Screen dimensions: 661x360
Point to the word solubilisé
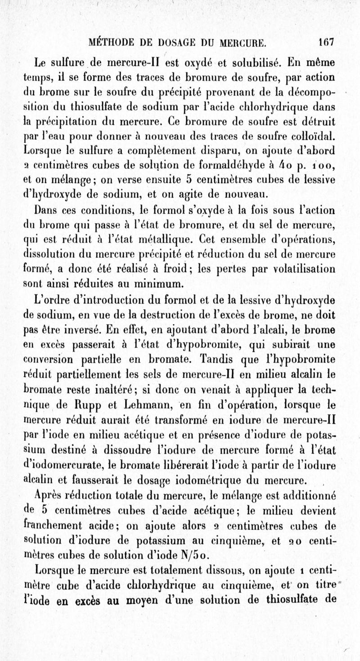click(x=250, y=62)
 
